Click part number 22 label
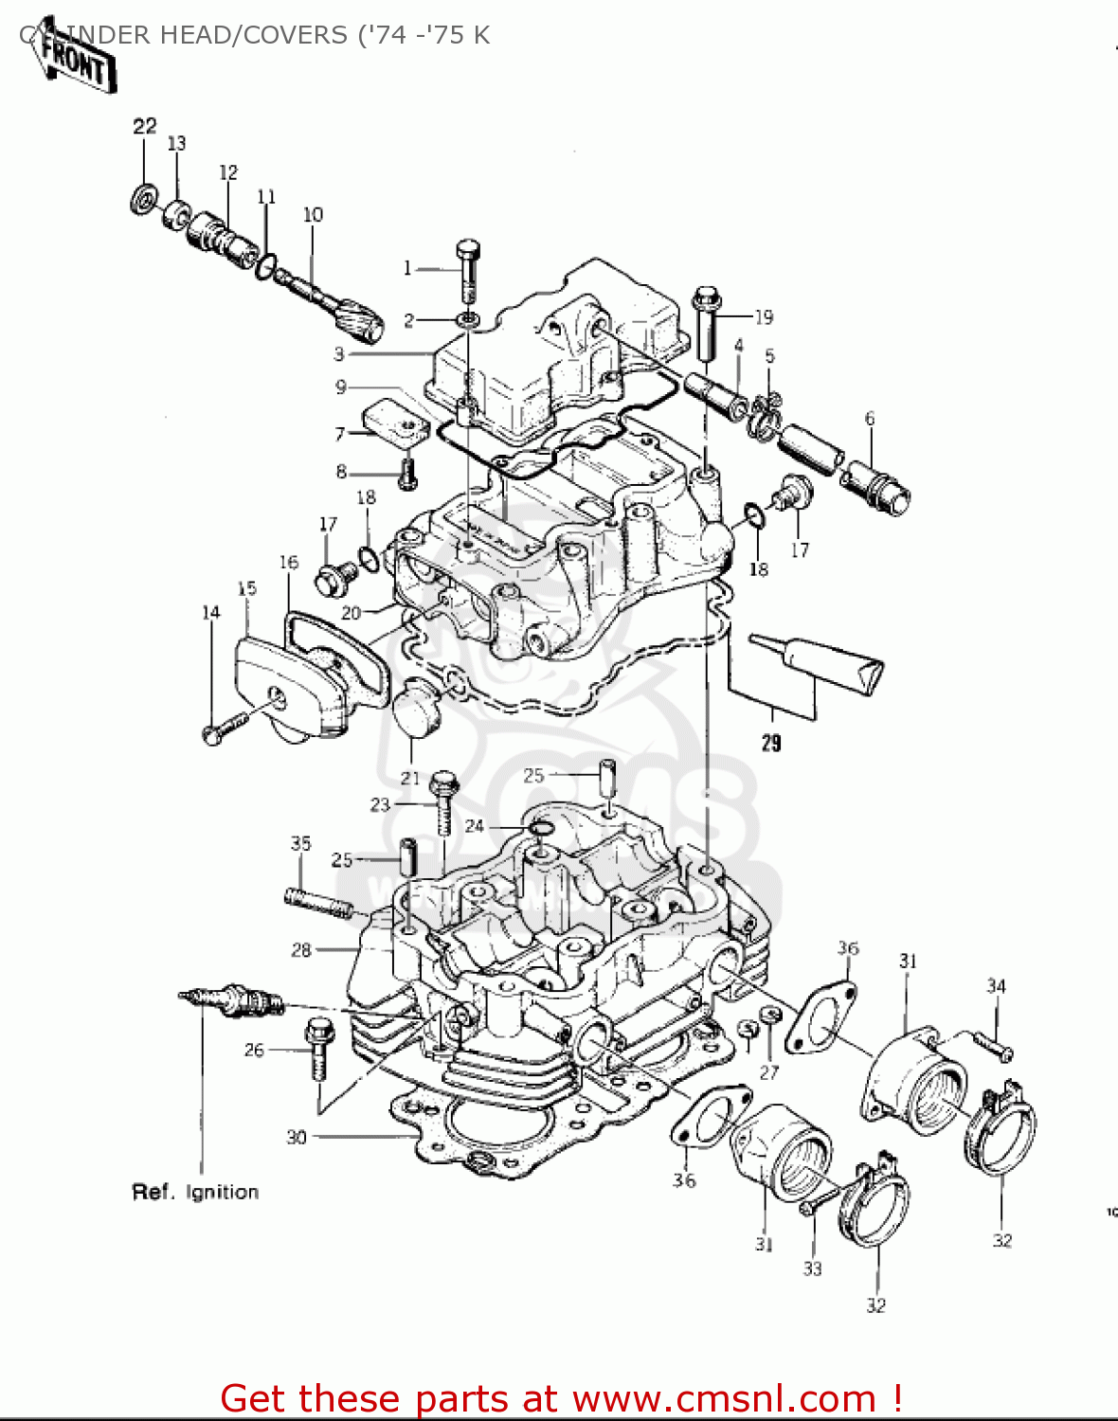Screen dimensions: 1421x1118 pyautogui.click(x=144, y=127)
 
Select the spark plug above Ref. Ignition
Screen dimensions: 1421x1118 pyautogui.click(x=232, y=1000)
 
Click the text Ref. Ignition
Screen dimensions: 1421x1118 pyautogui.click(x=195, y=1192)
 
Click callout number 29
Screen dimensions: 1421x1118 pyautogui.click(x=771, y=743)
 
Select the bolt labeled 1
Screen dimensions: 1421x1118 pyautogui.click(x=468, y=269)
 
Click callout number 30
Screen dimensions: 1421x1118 pyautogui.click(x=297, y=1136)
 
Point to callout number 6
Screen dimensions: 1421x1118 pyautogui.click(x=869, y=419)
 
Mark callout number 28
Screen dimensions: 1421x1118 pyautogui.click(x=301, y=949)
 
